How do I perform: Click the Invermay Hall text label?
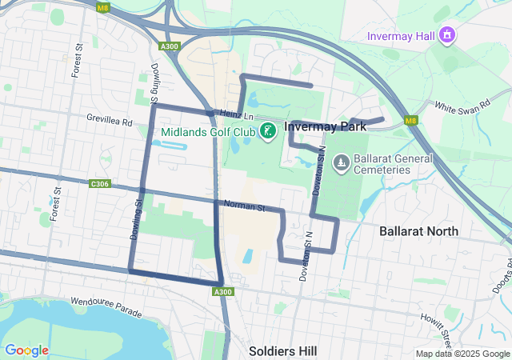(x=399, y=36)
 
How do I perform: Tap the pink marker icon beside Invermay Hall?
(x=446, y=36)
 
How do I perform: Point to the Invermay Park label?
(x=325, y=126)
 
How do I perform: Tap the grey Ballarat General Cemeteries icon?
(x=342, y=163)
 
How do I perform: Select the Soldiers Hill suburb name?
(x=282, y=351)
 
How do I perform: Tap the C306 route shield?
(x=100, y=184)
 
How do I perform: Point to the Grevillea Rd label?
(x=109, y=120)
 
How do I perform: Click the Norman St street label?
(x=244, y=207)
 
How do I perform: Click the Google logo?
(x=26, y=350)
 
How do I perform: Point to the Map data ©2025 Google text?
(x=462, y=354)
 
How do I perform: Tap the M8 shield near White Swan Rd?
(x=410, y=121)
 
